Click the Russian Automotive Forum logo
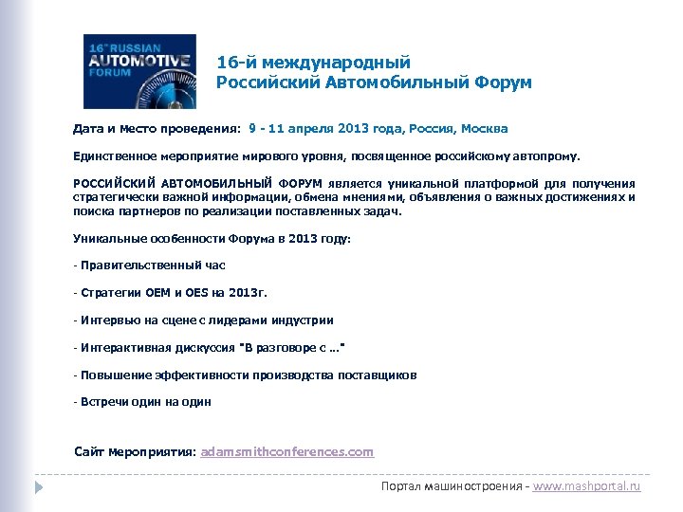pyautogui.click(x=139, y=71)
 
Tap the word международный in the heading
pyautogui.click(x=336, y=62)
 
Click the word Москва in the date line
pyautogui.click(x=483, y=128)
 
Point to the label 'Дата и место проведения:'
pyautogui.click(x=157, y=128)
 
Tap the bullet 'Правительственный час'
pyautogui.click(x=153, y=265)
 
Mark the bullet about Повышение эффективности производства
pyautogui.click(x=248, y=375)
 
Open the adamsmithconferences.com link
pyautogui.click(x=288, y=451)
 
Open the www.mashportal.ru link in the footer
pyautogui.click(x=587, y=485)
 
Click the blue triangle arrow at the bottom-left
pyautogui.click(x=39, y=486)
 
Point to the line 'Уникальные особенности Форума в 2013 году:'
pyautogui.click(x=212, y=239)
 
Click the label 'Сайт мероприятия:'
pyautogui.click(x=135, y=451)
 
